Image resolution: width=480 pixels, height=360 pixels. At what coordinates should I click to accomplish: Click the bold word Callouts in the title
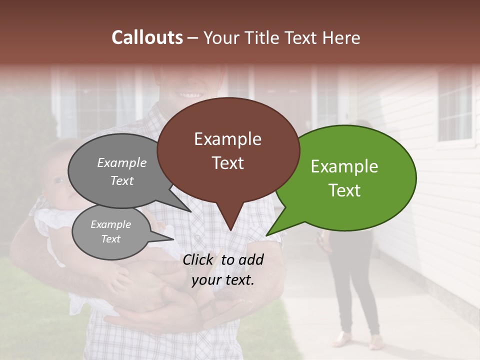coord(147,37)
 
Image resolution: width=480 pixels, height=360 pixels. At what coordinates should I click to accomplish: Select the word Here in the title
coord(340,37)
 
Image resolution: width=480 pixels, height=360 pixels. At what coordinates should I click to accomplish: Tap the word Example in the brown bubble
coord(227,139)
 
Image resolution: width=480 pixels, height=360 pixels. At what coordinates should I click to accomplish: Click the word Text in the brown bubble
coord(227,163)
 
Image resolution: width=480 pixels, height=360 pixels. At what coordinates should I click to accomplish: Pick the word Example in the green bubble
coord(344,166)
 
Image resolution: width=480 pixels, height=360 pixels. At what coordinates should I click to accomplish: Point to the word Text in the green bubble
coord(344,190)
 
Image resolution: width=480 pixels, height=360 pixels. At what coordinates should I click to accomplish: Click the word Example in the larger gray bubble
coord(122,162)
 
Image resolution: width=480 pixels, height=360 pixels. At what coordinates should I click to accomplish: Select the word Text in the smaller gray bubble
coord(111,239)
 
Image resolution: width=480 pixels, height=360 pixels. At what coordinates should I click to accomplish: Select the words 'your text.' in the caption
coord(223,280)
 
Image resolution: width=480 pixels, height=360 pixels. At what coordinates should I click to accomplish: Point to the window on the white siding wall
coord(455,105)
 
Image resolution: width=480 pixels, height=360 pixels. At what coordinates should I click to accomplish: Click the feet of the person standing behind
coord(357,340)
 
